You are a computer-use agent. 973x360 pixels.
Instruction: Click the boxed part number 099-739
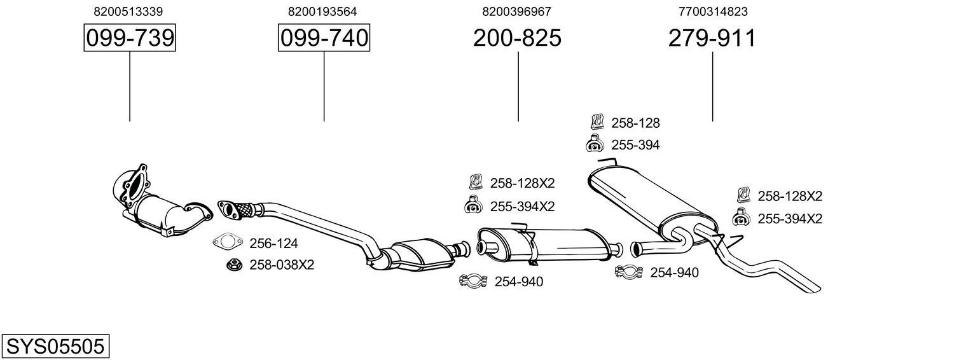pyautogui.click(x=130, y=38)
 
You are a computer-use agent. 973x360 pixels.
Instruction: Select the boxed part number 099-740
pyautogui.click(x=324, y=38)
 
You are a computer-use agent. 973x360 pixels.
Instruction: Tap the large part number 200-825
pyautogui.click(x=517, y=38)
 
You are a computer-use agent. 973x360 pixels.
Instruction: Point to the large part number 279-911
pyautogui.click(x=712, y=38)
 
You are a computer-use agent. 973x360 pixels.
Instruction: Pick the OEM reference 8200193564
pyautogui.click(x=322, y=11)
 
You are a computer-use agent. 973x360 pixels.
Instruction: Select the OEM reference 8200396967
pyautogui.click(x=517, y=11)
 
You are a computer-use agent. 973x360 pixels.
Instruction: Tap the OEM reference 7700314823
pyautogui.click(x=712, y=11)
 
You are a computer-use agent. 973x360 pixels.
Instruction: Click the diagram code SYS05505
pyautogui.click(x=55, y=347)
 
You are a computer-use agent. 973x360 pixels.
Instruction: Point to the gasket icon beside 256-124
pyautogui.click(x=228, y=242)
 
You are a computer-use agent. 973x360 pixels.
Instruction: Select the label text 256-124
pyautogui.click(x=273, y=243)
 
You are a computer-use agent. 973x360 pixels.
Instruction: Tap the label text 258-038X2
pyautogui.click(x=282, y=265)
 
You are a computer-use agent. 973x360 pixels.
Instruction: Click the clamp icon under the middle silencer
pyautogui.click(x=473, y=280)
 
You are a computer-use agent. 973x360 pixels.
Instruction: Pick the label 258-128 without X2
pyautogui.click(x=635, y=123)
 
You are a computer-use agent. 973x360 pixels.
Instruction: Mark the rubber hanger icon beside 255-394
pyautogui.click(x=594, y=144)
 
